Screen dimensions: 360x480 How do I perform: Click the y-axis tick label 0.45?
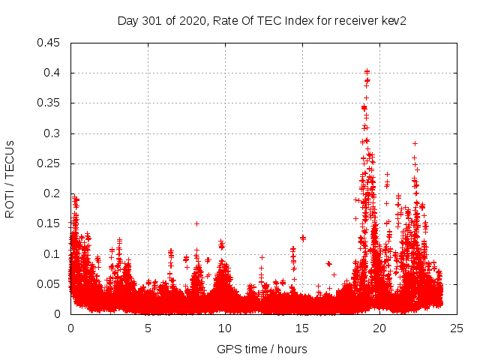pos(51,43)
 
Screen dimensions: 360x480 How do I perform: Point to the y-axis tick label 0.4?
pos(54,73)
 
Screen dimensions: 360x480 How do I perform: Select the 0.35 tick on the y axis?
pos(51,103)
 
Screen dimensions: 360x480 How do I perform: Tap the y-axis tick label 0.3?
pos(54,133)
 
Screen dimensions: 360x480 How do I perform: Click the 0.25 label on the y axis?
pos(51,163)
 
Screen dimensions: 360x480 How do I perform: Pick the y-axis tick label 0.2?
pos(54,193)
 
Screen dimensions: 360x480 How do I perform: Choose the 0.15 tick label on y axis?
pos(51,223)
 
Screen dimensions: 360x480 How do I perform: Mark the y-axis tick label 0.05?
pos(51,284)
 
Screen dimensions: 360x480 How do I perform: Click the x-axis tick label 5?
pos(148,328)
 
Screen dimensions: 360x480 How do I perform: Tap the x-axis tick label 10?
pos(225,328)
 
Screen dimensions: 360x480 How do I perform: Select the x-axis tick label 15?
pos(302,328)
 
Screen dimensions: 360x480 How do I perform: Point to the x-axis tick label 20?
pos(379,328)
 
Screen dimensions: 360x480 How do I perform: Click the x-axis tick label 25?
pos(457,328)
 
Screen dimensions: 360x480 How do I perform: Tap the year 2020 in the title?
pos(193,20)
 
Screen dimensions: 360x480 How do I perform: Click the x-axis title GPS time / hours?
pos(262,349)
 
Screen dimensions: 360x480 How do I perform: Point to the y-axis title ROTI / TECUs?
pos(10,178)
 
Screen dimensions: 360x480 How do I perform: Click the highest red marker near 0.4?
pos(367,71)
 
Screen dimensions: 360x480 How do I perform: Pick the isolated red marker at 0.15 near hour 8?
pos(196,223)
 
